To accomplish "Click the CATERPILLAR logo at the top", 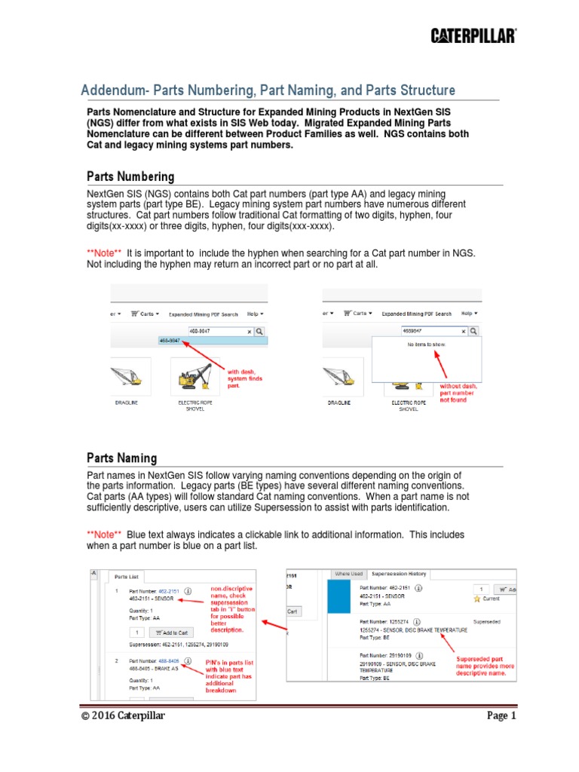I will click(473, 35).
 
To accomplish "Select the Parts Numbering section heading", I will click(130, 176).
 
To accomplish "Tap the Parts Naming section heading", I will click(122, 458).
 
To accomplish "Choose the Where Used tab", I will click(348, 574).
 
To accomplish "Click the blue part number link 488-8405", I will click(168, 661).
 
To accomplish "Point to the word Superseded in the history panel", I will click(492, 622).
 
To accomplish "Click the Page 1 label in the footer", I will click(501, 715).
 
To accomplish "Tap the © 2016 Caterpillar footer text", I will click(124, 715).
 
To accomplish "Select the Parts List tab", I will click(127, 576).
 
